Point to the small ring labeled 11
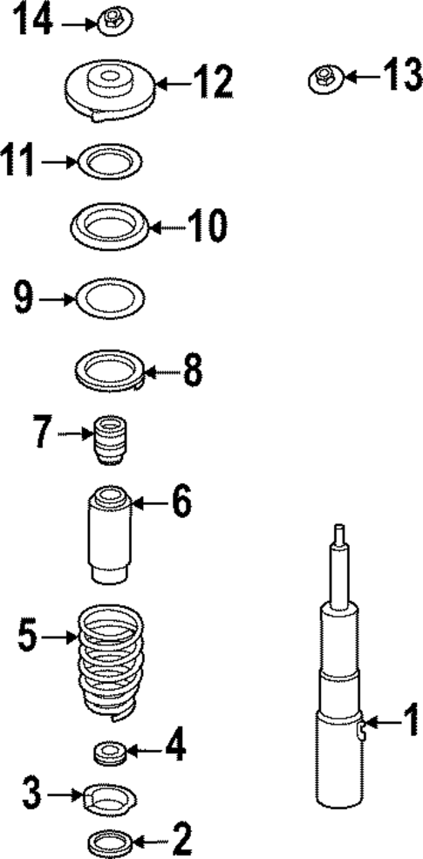tap(110, 161)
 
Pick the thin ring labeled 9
tap(111, 297)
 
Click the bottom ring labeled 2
tap(111, 842)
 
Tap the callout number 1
tap(406, 722)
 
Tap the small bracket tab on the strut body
tap(361, 728)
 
